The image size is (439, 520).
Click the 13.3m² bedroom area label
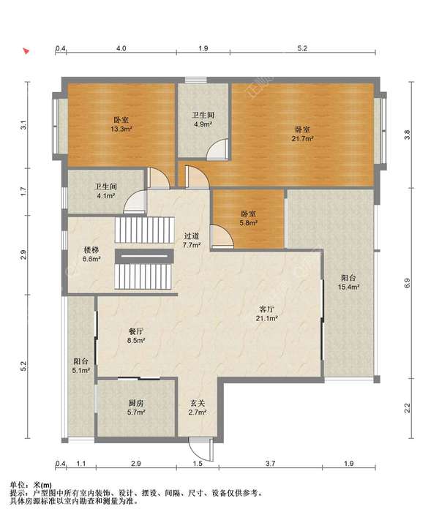point(121,124)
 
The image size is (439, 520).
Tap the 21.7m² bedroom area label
point(302,134)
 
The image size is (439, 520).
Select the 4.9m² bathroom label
point(203,120)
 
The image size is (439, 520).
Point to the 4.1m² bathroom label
point(106,192)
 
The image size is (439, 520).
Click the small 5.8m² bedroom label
point(249,219)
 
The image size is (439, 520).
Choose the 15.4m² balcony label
point(348,282)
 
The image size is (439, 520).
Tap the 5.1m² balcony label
point(81,366)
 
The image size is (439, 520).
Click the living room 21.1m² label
point(266,314)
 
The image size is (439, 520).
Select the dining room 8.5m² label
point(136,336)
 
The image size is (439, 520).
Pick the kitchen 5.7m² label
point(136,408)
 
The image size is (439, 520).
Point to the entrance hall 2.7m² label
point(198,408)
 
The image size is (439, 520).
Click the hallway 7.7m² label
point(192,241)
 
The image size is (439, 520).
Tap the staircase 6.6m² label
point(91,255)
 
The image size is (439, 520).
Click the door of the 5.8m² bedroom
point(222,236)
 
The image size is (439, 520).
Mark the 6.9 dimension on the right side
point(407,283)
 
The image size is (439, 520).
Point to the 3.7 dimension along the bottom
point(271,463)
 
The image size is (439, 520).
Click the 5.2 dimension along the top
point(302,48)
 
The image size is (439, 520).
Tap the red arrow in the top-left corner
point(26,51)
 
